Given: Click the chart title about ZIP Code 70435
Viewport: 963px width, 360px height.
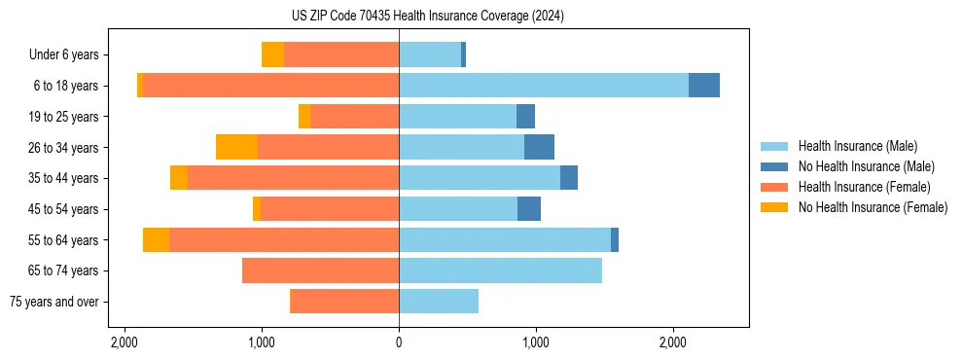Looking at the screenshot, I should [x=427, y=17].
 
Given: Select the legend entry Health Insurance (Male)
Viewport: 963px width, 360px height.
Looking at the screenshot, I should [x=857, y=146].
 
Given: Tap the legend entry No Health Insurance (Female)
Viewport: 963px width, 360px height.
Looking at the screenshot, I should [x=872, y=207].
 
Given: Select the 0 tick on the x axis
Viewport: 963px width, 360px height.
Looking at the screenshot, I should [x=399, y=342].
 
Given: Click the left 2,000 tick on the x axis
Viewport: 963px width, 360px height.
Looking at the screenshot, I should [x=125, y=342].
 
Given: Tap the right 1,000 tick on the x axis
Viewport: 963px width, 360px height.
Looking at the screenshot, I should [x=536, y=342].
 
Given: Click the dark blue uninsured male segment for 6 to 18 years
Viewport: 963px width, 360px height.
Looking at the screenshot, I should [x=704, y=86].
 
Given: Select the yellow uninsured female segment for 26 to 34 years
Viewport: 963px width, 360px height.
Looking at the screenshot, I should [x=236, y=147].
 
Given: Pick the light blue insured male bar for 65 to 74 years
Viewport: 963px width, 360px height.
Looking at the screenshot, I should [x=500, y=270].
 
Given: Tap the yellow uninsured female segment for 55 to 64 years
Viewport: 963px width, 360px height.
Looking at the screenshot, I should [x=156, y=239].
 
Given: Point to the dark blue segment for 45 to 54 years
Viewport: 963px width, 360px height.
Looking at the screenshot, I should [x=529, y=209].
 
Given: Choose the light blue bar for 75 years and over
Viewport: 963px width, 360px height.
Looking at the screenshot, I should [x=439, y=302].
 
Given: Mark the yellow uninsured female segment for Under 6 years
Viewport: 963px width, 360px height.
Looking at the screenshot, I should [x=272, y=54].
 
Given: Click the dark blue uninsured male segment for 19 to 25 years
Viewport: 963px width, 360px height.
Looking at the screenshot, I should [x=525, y=117].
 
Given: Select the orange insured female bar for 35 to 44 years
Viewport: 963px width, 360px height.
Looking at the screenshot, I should [x=293, y=178].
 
